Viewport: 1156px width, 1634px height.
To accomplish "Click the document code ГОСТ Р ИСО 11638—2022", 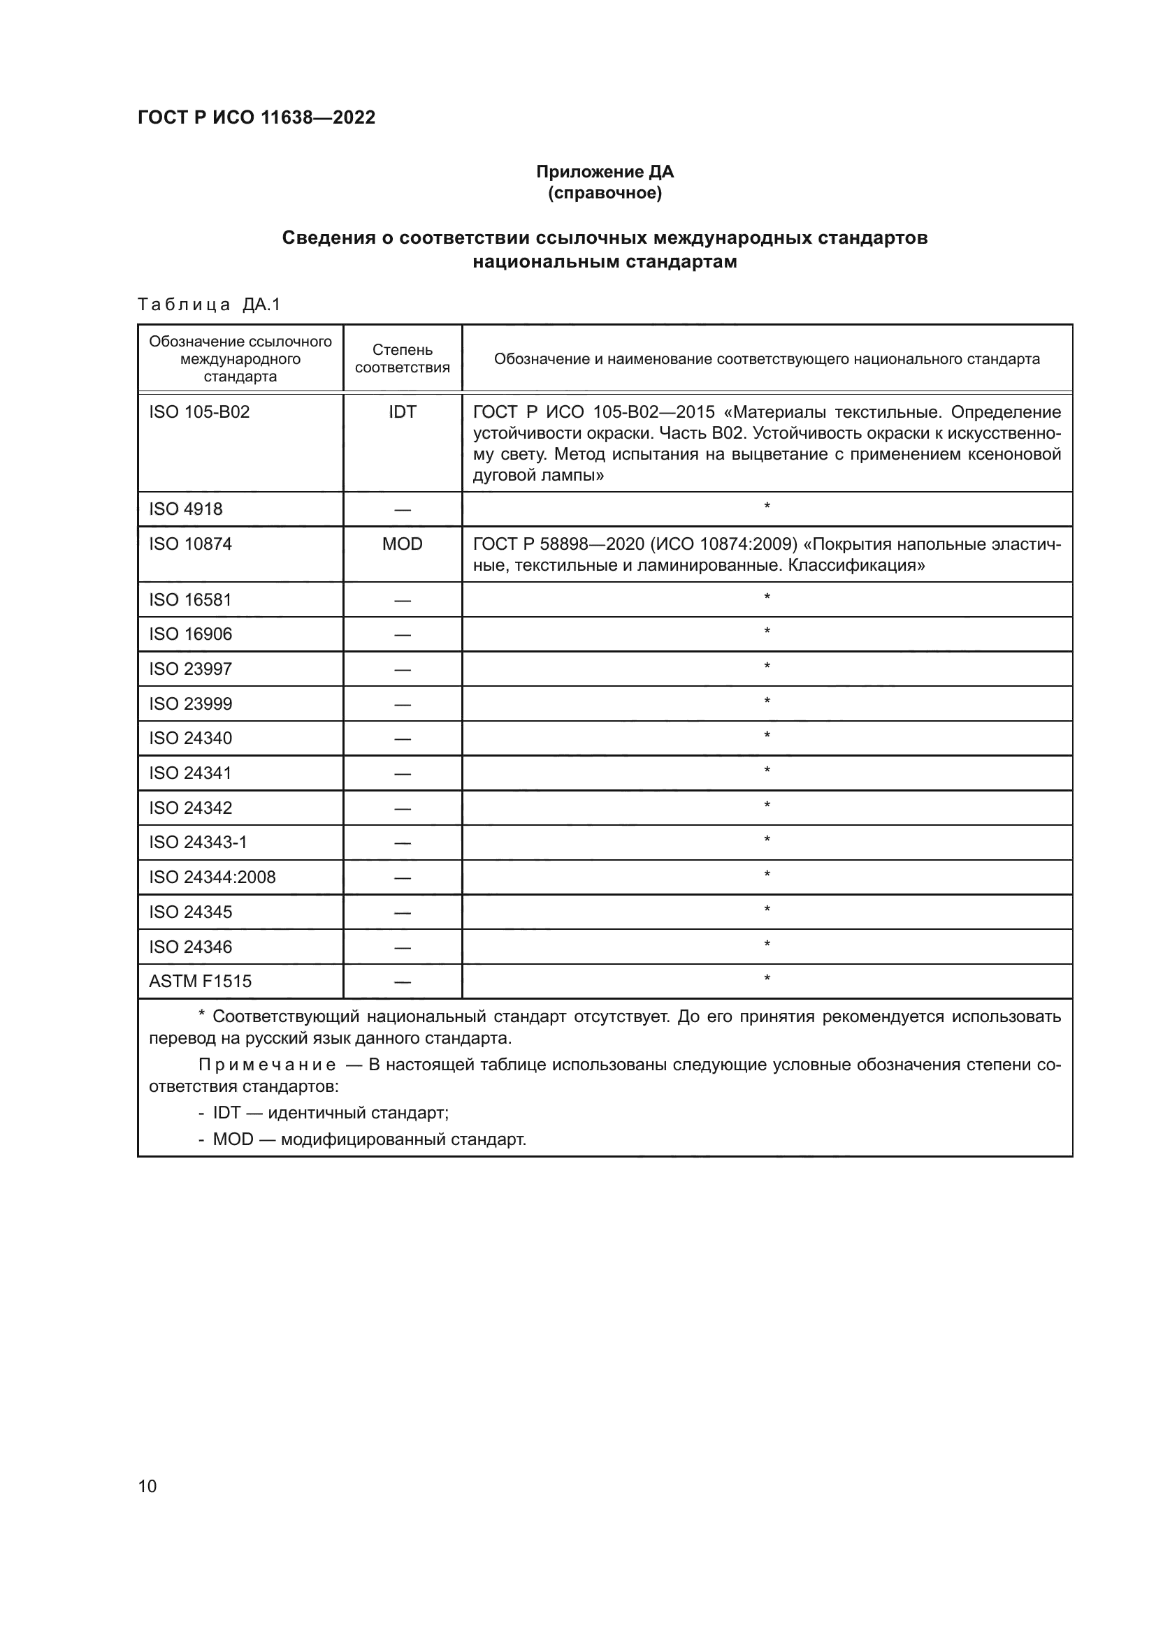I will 257,117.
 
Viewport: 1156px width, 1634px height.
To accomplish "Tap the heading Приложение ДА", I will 605,172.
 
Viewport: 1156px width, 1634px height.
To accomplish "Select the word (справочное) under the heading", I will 605,193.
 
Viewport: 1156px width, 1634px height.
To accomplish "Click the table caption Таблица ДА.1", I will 209,305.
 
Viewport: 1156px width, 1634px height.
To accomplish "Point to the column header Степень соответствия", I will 402,358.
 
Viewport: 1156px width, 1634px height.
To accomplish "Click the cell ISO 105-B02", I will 199,412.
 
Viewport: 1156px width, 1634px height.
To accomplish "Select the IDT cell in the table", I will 402,412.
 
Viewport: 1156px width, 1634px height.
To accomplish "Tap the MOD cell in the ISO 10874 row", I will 402,544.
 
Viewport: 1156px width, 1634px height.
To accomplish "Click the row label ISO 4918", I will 186,509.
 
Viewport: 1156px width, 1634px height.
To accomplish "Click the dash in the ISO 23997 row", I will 402,670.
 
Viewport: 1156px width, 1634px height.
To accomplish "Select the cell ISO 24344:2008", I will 212,877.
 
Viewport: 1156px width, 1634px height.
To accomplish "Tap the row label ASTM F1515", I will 200,982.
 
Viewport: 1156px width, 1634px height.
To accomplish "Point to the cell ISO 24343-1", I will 198,842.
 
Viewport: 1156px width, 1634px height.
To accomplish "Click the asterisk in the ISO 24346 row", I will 767,944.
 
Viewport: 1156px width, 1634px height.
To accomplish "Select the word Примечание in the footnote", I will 267,1065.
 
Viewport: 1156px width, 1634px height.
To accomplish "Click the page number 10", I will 147,1486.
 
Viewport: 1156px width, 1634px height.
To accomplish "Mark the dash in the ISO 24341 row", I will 402,773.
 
